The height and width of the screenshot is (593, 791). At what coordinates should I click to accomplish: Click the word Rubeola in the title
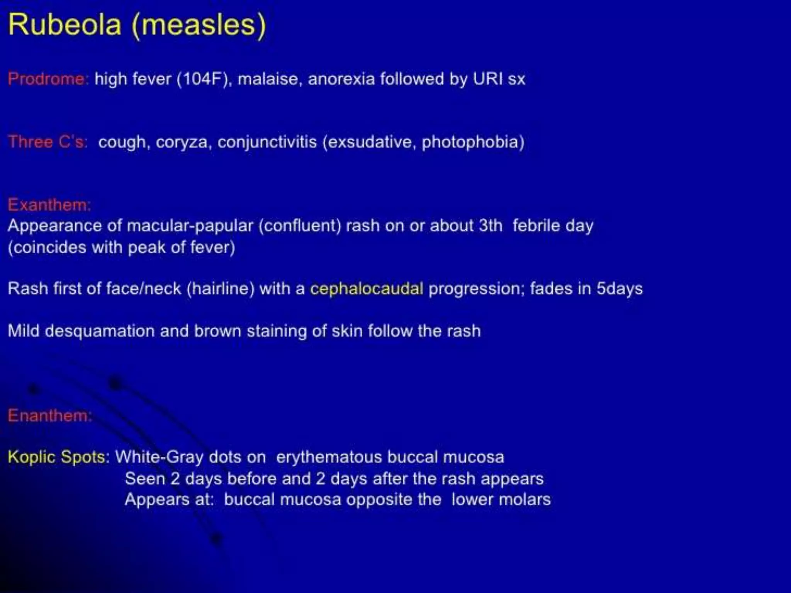pyautogui.click(x=65, y=25)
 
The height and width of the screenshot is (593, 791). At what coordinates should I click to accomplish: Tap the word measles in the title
pyautogui.click(x=199, y=25)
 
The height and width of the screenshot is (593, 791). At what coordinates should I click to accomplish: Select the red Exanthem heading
pyautogui.click(x=49, y=205)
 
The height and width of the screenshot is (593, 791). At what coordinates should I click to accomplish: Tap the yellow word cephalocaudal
pyautogui.click(x=367, y=289)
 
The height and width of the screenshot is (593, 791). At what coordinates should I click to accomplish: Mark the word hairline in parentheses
pyautogui.click(x=221, y=289)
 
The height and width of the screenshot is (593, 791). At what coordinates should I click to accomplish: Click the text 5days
pyautogui.click(x=619, y=289)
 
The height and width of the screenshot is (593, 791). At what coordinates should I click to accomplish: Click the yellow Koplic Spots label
pyautogui.click(x=56, y=457)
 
